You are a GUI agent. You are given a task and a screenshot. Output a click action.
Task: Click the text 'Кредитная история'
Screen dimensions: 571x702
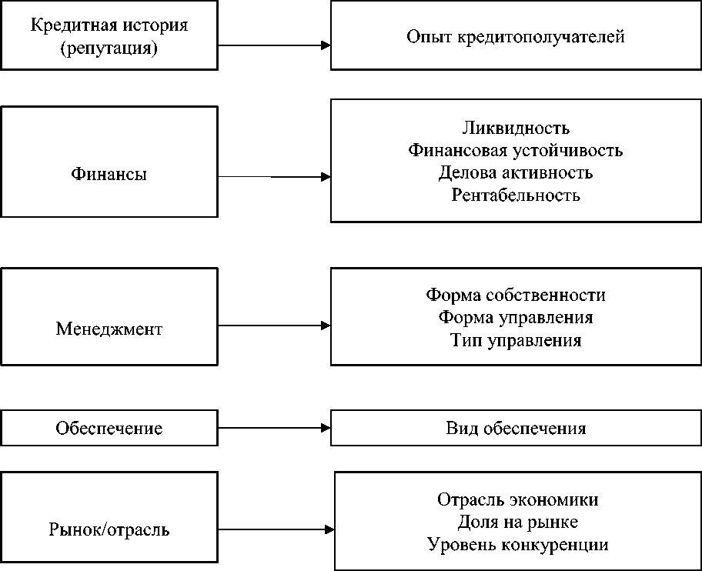pyautogui.click(x=109, y=25)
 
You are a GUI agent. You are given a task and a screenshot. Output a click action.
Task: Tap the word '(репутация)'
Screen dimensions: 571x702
pyautogui.click(x=109, y=48)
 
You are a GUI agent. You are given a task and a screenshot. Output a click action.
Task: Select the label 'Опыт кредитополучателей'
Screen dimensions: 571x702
pyautogui.click(x=516, y=36)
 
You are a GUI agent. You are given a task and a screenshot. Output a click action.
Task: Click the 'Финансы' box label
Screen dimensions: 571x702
pyautogui.click(x=109, y=174)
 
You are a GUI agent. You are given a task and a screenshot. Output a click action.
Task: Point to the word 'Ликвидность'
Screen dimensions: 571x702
pyautogui.click(x=516, y=128)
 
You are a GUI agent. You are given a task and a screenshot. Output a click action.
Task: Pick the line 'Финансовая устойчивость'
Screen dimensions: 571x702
pyautogui.click(x=516, y=150)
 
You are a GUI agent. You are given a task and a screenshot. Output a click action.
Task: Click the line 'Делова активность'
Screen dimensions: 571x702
pyautogui.click(x=516, y=172)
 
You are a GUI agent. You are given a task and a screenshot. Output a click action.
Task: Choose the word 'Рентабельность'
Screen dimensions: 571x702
pyautogui.click(x=516, y=195)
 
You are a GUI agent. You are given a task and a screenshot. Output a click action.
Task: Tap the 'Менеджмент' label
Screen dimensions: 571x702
pyautogui.click(x=109, y=329)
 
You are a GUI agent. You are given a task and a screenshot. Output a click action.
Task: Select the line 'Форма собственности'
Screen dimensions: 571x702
pyautogui.click(x=516, y=295)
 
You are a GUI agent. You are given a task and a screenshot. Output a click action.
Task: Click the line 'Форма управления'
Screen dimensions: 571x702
pyautogui.click(x=516, y=317)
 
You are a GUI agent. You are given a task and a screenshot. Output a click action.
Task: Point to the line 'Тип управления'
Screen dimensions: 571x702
pyautogui.click(x=516, y=339)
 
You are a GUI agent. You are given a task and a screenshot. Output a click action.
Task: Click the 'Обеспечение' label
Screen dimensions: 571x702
pyautogui.click(x=109, y=429)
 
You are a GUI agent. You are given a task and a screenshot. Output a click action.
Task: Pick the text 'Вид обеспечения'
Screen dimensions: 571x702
pyautogui.click(x=516, y=429)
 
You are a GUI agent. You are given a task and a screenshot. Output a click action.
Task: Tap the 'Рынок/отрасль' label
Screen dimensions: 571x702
pyautogui.click(x=109, y=530)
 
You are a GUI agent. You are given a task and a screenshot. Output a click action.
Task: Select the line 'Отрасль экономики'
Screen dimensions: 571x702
pyautogui.click(x=517, y=499)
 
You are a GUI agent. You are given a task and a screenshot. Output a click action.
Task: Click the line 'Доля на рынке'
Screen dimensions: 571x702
pyautogui.click(x=517, y=522)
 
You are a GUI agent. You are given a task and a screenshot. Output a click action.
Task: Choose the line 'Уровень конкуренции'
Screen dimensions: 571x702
pyautogui.click(x=517, y=545)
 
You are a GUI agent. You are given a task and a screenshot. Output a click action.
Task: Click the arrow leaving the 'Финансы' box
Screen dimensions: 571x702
pyautogui.click(x=274, y=177)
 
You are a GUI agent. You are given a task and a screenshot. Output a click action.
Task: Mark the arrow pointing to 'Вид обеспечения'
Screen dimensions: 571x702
pyautogui.click(x=274, y=427)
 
